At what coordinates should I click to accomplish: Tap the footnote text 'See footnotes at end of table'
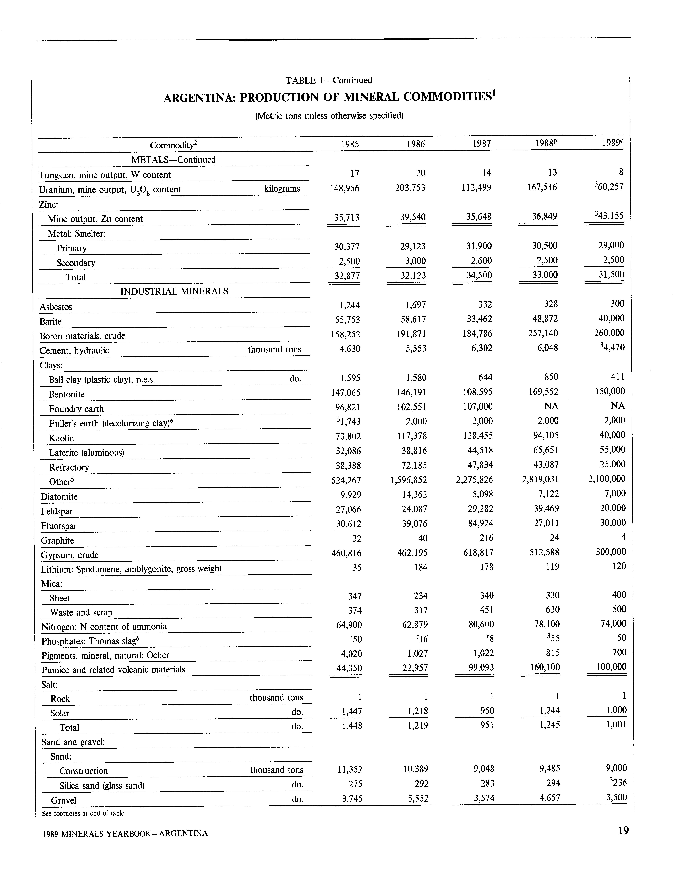tap(84, 813)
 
